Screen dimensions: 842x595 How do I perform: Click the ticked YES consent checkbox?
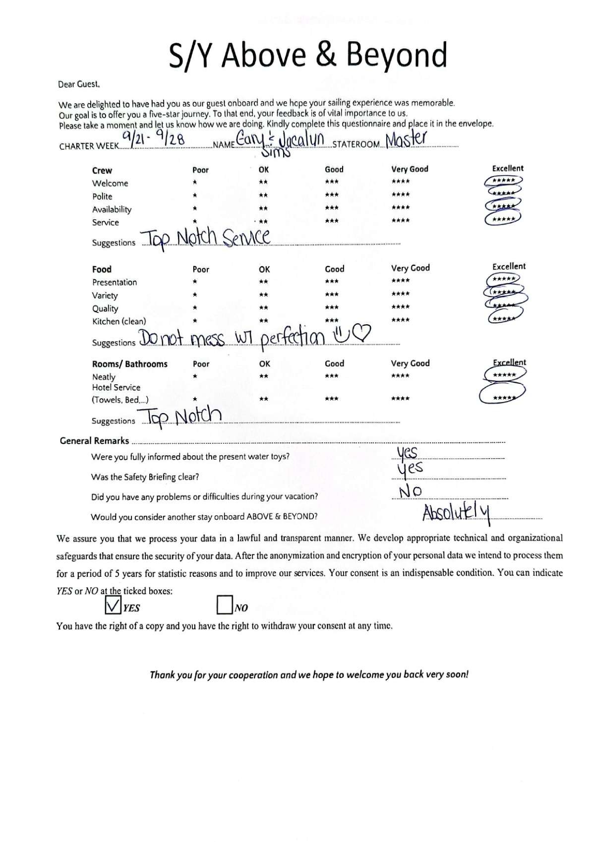(113, 604)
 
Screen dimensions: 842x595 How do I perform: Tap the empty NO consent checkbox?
(225, 604)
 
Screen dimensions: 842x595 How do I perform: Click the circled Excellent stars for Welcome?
(503, 181)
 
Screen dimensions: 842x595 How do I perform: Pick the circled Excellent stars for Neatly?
(503, 375)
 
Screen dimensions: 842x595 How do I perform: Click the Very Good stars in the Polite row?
(401, 194)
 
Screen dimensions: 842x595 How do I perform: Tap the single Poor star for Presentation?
(195, 281)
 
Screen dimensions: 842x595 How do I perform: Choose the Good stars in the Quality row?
(332, 307)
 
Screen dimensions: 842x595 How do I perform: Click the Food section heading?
(102, 269)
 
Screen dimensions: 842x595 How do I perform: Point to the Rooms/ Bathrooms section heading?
(129, 364)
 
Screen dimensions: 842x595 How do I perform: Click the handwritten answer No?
(411, 491)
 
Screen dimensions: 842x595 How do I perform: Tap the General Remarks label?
(94, 441)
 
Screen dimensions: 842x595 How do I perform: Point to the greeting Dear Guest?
(79, 84)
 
